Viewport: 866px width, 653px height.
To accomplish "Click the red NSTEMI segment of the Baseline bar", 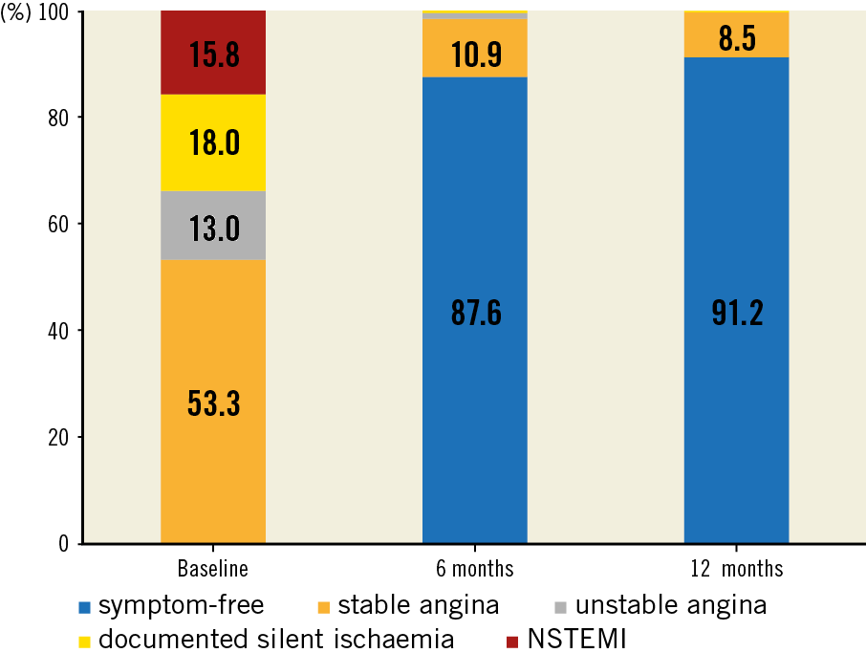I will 212,53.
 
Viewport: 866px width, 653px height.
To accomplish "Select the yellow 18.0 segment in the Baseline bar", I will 212,143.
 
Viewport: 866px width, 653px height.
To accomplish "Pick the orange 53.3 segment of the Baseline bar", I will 212,402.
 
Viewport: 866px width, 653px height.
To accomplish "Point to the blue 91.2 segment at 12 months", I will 736,311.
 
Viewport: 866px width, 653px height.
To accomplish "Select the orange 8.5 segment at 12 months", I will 736,35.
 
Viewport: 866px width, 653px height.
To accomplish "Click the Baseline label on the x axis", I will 212,569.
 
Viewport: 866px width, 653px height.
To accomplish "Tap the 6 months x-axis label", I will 474,569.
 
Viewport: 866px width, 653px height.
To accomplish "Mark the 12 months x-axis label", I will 736,569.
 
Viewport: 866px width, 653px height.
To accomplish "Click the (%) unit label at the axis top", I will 21,11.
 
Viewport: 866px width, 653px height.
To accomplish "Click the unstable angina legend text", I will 670,605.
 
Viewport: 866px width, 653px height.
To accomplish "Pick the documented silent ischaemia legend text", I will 276,638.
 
